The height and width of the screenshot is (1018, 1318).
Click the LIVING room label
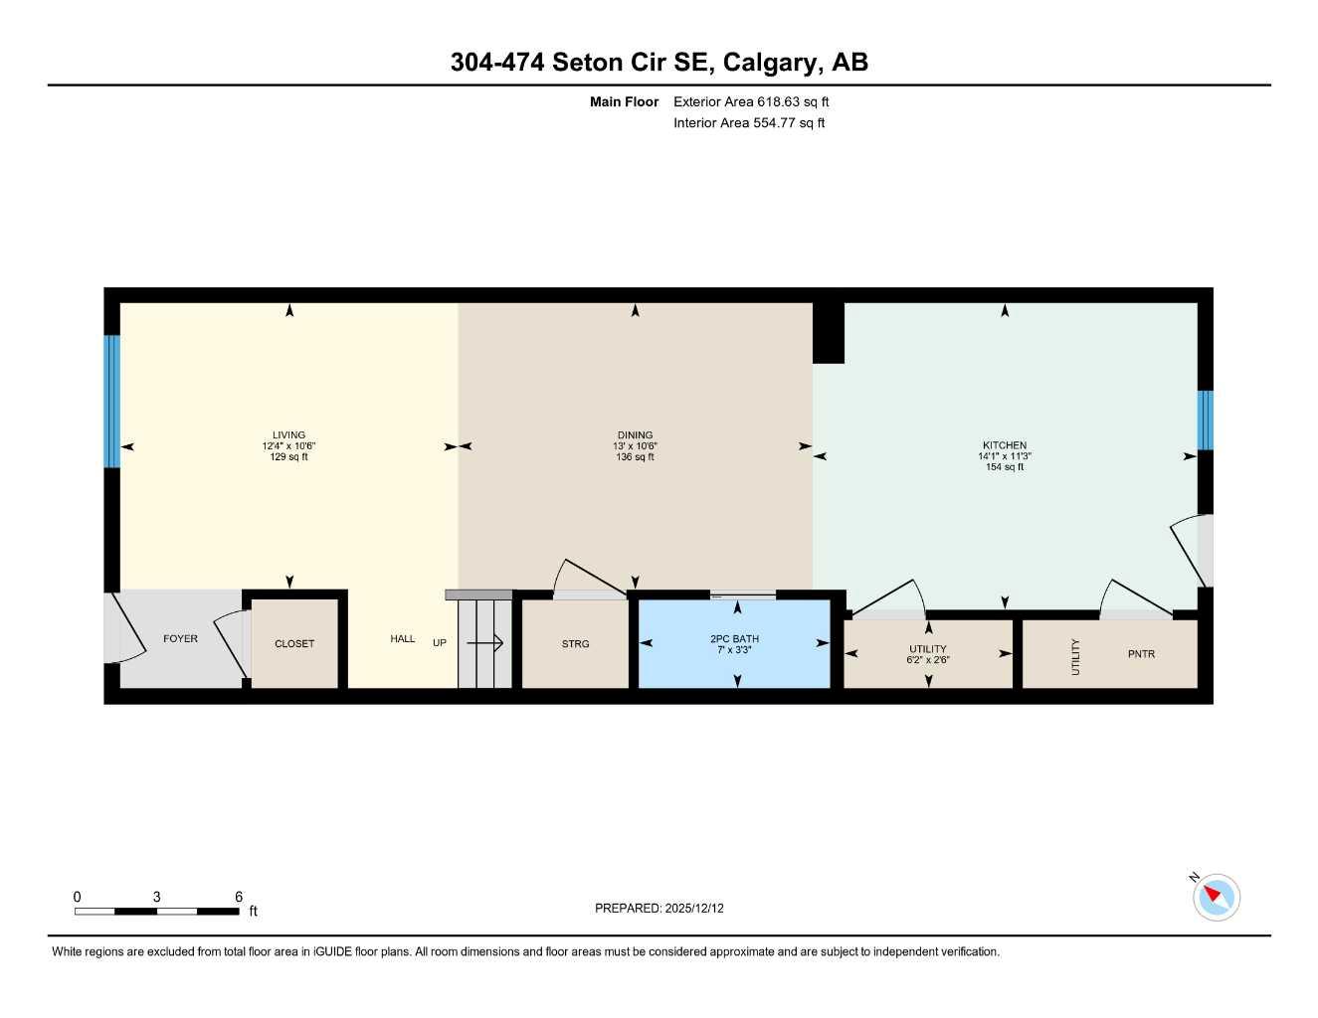click(x=288, y=435)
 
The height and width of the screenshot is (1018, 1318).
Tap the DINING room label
click(x=635, y=435)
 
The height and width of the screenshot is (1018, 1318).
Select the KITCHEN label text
click(x=1005, y=445)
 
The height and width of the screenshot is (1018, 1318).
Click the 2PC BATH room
click(x=734, y=644)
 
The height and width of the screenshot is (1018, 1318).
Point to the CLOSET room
click(x=294, y=644)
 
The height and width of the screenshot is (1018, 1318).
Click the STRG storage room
click(x=575, y=644)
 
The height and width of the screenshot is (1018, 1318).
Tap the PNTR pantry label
click(x=1141, y=654)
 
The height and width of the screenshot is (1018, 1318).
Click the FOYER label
click(x=181, y=639)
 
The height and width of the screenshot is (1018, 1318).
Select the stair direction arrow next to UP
click(x=484, y=643)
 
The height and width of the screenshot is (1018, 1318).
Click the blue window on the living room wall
click(x=112, y=401)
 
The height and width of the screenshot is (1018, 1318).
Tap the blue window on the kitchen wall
click(x=1205, y=420)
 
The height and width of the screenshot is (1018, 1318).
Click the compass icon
click(x=1216, y=897)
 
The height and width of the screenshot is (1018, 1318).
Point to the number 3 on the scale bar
click(x=156, y=897)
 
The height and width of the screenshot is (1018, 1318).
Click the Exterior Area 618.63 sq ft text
click(x=751, y=101)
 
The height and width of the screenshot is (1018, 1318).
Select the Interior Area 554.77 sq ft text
click(x=749, y=123)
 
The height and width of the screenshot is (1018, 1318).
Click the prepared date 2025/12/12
click(x=694, y=909)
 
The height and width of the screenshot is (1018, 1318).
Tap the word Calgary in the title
click(x=769, y=62)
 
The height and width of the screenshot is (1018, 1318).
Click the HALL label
click(x=403, y=639)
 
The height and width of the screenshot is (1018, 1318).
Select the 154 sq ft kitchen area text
click(x=1005, y=467)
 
